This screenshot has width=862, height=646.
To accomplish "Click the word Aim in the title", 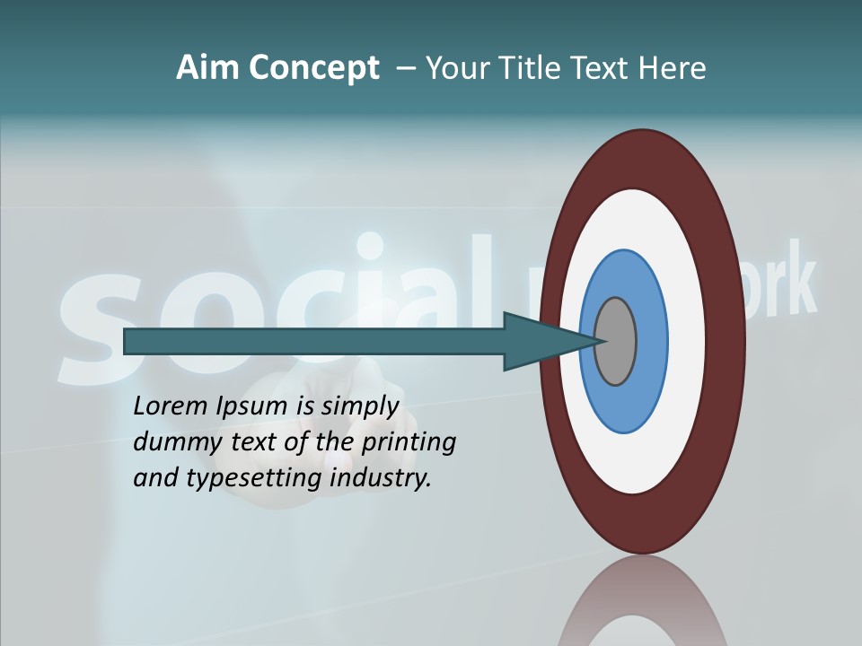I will (x=207, y=68).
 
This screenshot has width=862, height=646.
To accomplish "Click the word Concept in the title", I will (x=314, y=68).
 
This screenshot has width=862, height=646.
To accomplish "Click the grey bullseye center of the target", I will (x=616, y=342).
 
